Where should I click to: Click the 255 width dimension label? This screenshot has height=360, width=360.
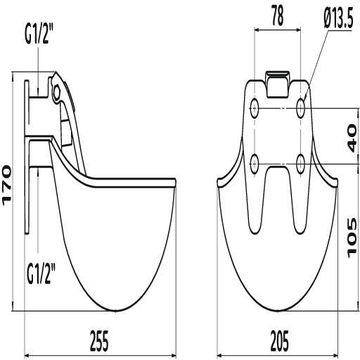pyautogui.click(x=100, y=342)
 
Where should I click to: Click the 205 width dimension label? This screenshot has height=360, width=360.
pyautogui.click(x=280, y=342)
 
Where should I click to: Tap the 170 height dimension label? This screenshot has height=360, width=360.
pyautogui.click(x=8, y=185)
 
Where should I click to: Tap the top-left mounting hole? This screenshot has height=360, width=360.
pyautogui.click(x=255, y=108)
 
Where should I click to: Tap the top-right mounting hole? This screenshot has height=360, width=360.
pyautogui.click(x=301, y=108)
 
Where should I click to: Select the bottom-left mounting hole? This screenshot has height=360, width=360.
pyautogui.click(x=255, y=163)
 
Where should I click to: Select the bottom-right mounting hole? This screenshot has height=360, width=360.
pyautogui.click(x=301, y=163)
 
